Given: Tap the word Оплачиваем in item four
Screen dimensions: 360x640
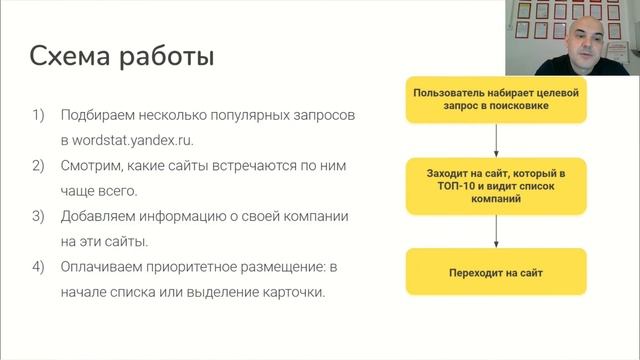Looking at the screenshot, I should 107,267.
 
